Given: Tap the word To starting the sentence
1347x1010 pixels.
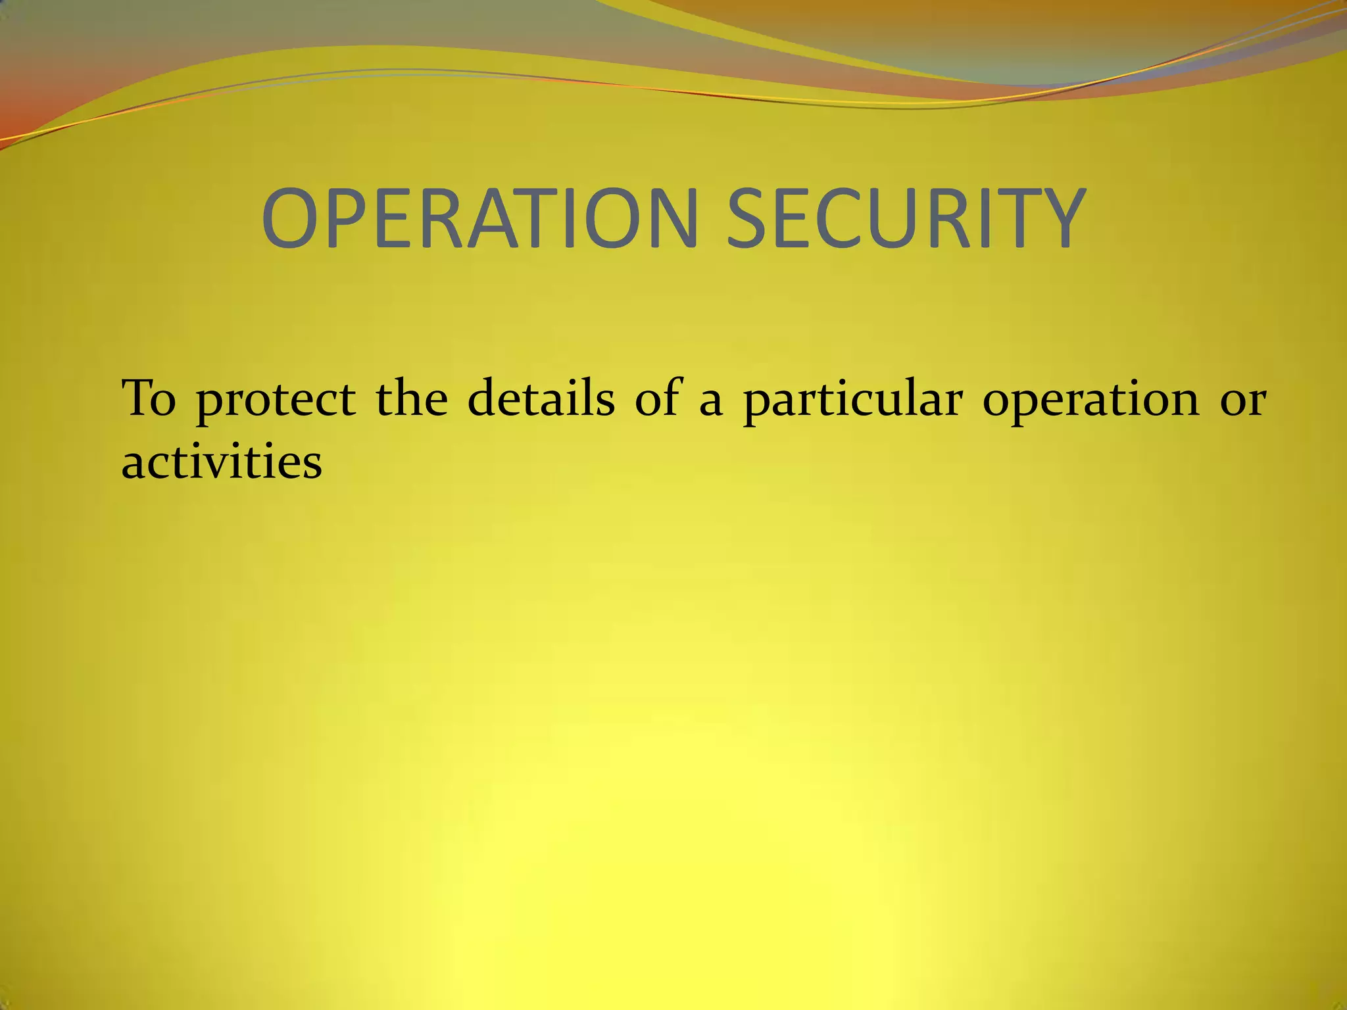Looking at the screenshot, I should pos(149,398).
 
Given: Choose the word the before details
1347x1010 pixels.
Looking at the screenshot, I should pos(412,398).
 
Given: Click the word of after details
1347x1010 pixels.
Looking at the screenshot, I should pos(657,398).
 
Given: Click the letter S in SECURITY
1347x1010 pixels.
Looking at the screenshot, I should pos(750,218).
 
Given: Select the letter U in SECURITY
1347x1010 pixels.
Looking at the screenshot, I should pos(901,218).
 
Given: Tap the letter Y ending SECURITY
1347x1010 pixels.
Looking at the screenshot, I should pos(1056,218).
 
